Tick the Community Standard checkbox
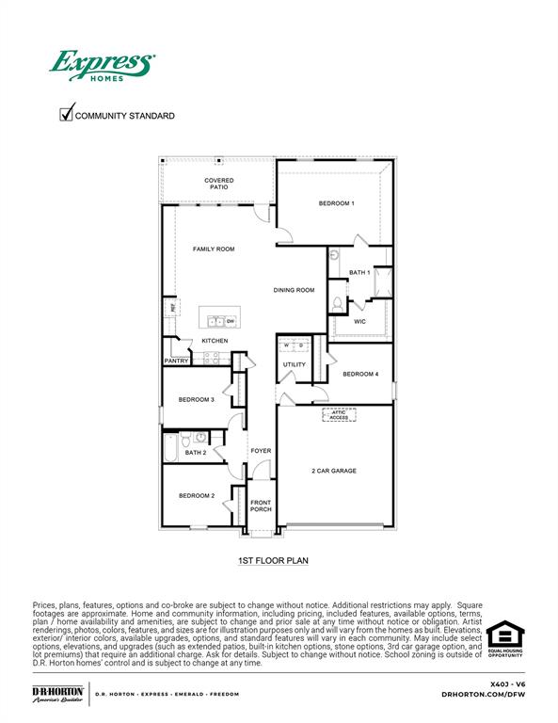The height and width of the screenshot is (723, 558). (67, 115)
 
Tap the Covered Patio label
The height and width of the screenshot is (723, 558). (219, 184)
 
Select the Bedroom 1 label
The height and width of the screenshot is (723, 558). (336, 203)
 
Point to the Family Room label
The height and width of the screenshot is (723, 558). (214, 249)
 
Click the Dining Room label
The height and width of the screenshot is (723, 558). (294, 290)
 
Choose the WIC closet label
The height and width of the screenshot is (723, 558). (359, 321)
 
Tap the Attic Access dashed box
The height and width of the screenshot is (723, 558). (339, 414)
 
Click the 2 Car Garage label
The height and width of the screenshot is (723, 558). (334, 471)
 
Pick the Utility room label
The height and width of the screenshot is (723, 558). (294, 364)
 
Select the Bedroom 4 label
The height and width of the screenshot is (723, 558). (360, 375)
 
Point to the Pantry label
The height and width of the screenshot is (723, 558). (177, 361)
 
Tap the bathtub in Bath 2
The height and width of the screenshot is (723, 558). (170, 448)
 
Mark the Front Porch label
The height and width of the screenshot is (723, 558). (261, 506)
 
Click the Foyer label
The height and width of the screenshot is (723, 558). (261, 451)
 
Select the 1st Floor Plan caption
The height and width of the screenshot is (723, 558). (273, 560)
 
